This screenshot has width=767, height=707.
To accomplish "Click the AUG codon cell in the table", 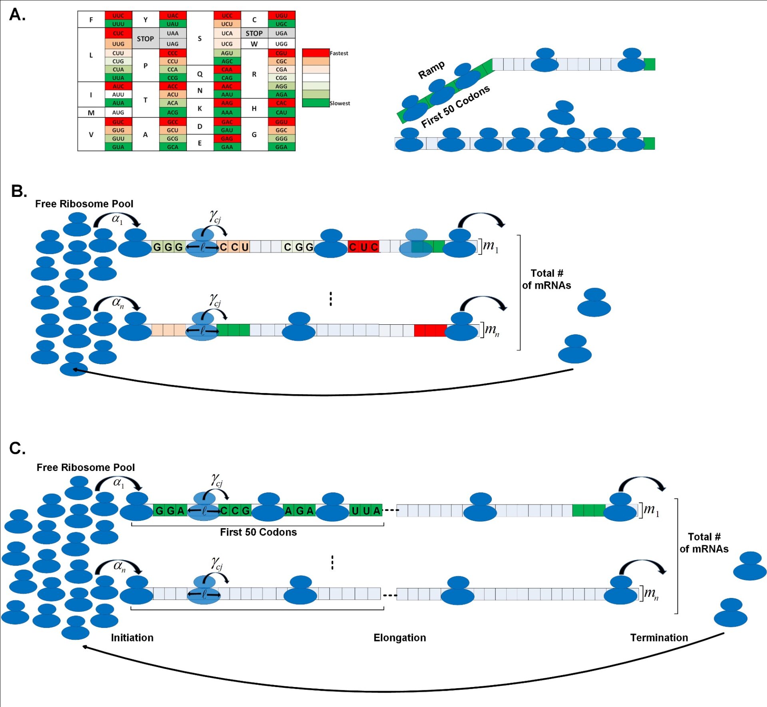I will (118, 113).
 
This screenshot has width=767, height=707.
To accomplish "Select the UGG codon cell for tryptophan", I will (281, 44).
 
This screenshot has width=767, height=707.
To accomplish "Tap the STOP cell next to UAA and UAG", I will (145, 39).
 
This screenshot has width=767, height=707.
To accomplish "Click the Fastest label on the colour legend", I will (339, 53).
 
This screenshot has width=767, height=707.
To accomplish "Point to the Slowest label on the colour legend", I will (340, 103).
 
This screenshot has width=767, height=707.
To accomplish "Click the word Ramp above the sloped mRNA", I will (431, 70).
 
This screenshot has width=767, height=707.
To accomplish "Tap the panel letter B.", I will (19, 191).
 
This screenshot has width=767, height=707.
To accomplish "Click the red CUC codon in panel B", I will (363, 247).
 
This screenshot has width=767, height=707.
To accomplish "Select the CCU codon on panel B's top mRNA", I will (234, 247).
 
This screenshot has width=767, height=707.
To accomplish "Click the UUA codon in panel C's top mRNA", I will (366, 510).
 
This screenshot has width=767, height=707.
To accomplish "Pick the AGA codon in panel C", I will (299, 510).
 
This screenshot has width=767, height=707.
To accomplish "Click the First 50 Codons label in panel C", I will (258, 532).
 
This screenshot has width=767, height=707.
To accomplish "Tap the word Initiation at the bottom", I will (132, 637).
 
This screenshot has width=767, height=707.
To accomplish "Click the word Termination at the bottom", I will (659, 637).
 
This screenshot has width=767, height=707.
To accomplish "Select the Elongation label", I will (399, 637).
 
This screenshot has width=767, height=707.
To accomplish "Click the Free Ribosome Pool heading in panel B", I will (84, 204).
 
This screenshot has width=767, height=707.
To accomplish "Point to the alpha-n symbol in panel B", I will (118, 302).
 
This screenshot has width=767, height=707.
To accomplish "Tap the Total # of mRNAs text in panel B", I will (546, 279).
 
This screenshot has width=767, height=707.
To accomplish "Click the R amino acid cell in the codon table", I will (254, 74).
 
